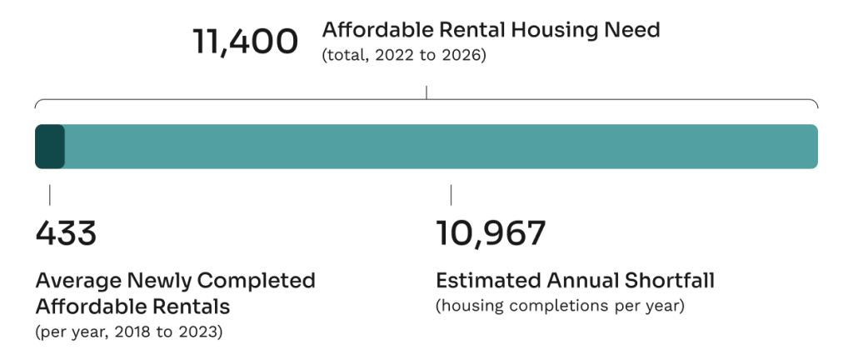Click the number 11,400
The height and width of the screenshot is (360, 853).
click(x=245, y=42)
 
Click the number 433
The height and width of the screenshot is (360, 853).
click(x=66, y=233)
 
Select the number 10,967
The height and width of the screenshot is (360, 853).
click(x=491, y=233)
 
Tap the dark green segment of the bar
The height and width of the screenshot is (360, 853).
click(x=49, y=147)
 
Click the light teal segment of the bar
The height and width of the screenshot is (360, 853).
click(x=441, y=147)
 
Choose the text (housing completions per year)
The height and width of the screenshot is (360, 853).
click(x=560, y=307)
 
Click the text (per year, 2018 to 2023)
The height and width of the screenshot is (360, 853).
click(x=128, y=332)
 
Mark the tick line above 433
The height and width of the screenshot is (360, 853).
click(x=49, y=195)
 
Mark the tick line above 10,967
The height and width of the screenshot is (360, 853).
click(x=451, y=195)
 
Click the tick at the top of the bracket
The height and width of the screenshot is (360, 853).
click(x=426, y=92)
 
